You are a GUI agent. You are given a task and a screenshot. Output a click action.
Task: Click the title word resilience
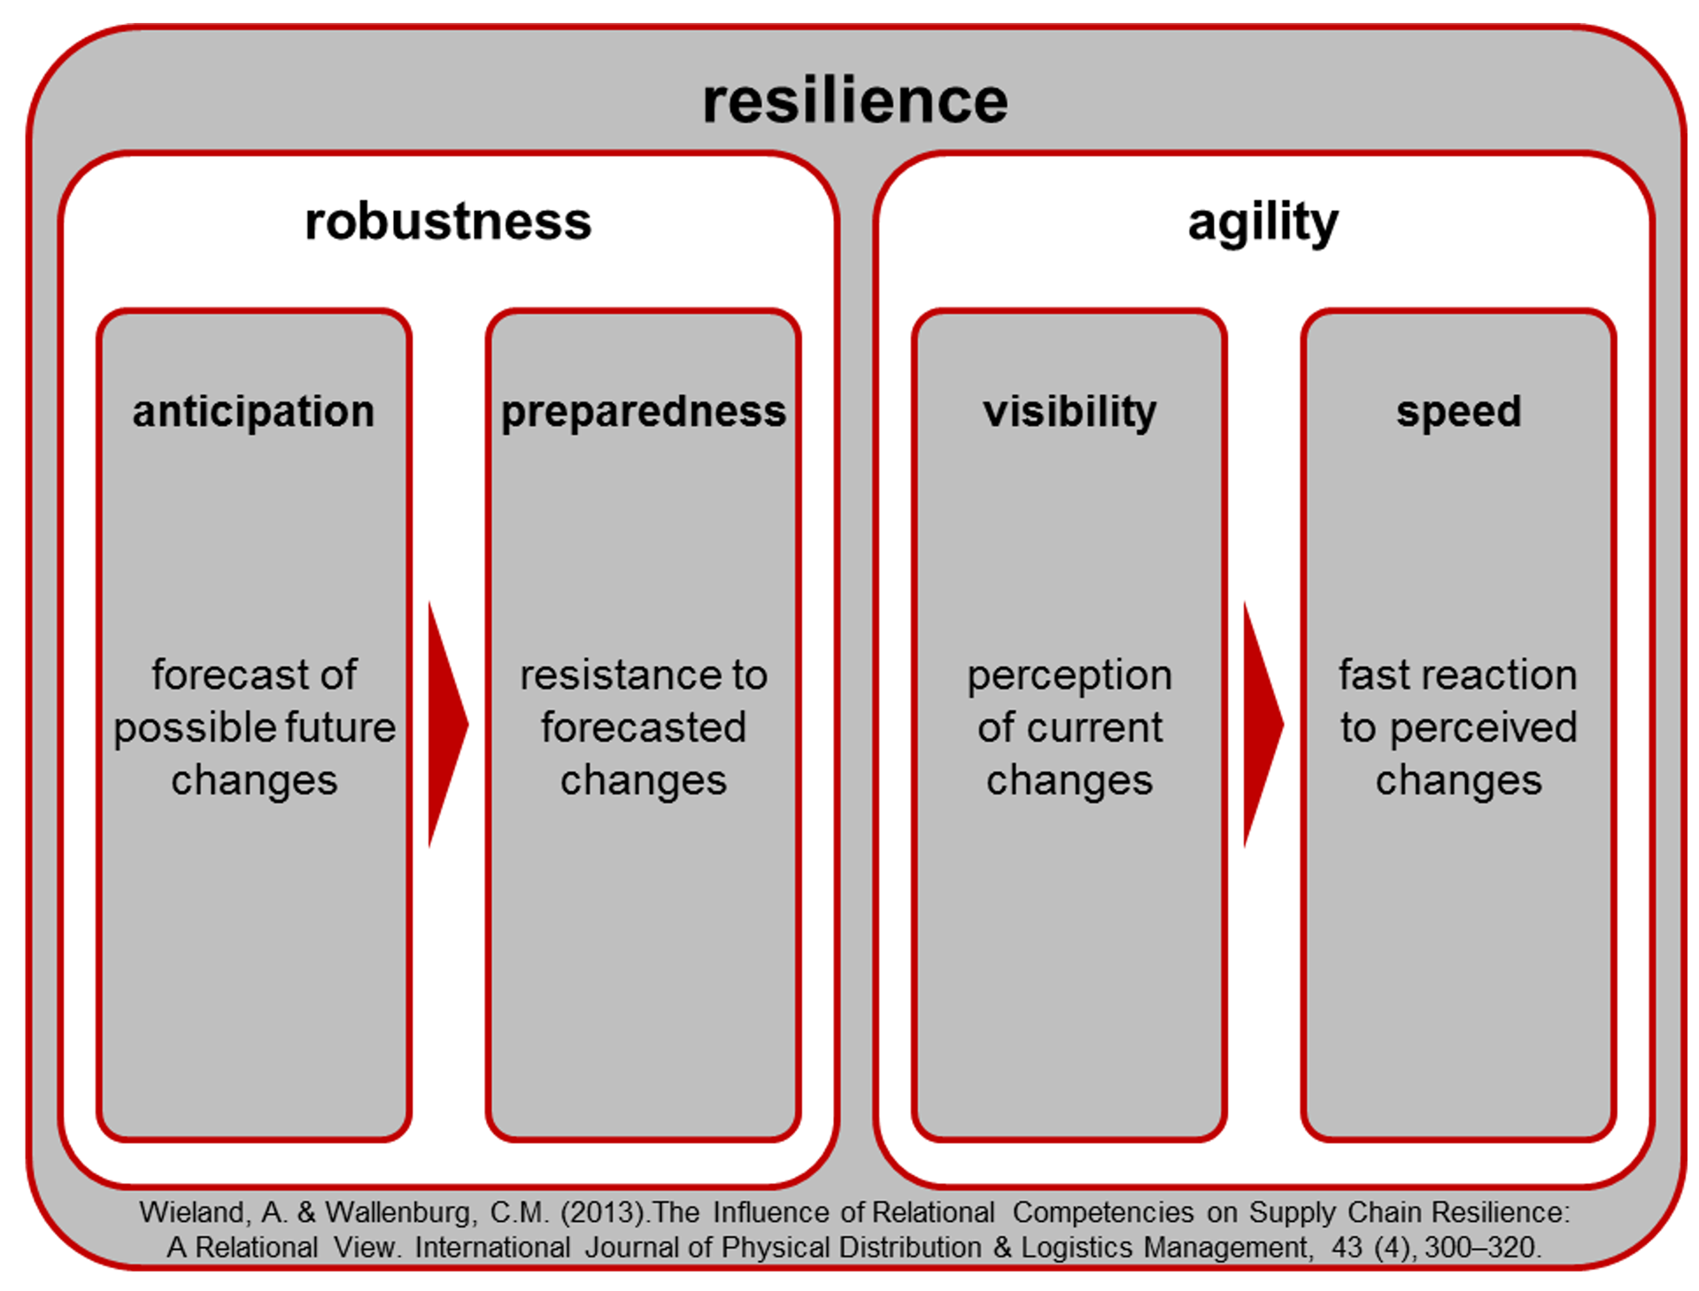[x=854, y=100]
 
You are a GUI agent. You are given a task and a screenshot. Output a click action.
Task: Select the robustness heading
[x=448, y=221]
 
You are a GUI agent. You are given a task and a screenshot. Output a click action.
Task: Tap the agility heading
[x=1263, y=223]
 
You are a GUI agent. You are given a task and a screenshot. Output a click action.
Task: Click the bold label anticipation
[x=253, y=413]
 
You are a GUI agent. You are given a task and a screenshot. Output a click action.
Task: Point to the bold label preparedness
[x=644, y=413]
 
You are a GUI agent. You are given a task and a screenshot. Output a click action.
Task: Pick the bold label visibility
[x=1070, y=413]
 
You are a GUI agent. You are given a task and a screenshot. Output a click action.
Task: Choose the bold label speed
[x=1459, y=413]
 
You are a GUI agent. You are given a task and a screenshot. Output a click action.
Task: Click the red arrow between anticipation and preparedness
[x=447, y=724]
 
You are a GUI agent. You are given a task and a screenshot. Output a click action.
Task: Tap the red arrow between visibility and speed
[x=1263, y=724]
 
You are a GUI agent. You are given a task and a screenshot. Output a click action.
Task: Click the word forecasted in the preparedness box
[x=644, y=728]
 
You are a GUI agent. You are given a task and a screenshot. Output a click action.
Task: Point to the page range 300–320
[x=1482, y=1248]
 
